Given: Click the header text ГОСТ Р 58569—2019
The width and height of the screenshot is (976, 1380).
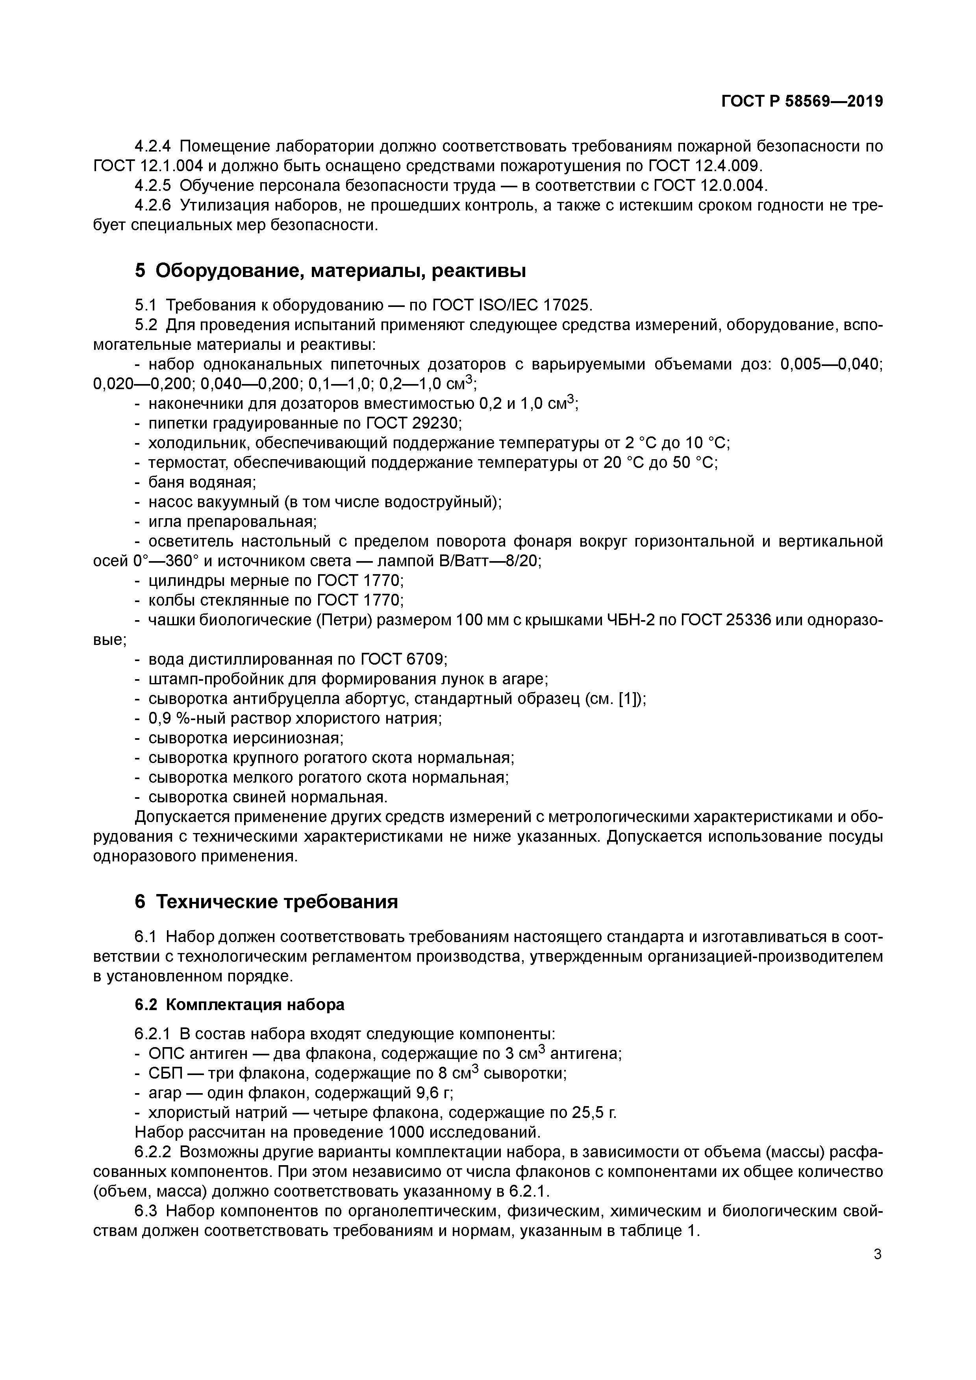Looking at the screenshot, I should (802, 102).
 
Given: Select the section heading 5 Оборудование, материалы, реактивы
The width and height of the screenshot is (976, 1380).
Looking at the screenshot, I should (330, 271).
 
